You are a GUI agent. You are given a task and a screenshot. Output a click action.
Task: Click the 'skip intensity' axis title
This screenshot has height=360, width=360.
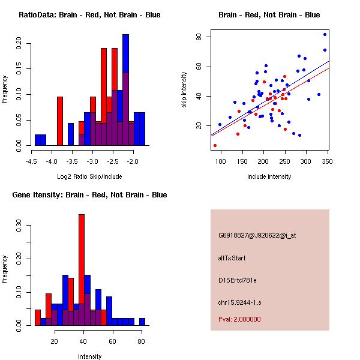coord(185,90)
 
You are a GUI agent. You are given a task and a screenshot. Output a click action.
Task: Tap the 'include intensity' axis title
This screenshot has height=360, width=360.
coord(269,177)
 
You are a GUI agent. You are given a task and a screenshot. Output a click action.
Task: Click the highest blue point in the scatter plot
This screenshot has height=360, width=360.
coord(325,34)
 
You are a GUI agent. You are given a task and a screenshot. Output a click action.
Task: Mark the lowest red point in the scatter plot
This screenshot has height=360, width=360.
coord(215,145)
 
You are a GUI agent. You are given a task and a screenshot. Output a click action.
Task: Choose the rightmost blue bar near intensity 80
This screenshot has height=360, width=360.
coord(142,322)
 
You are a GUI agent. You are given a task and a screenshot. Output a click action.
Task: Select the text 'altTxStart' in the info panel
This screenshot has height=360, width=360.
coord(232,258)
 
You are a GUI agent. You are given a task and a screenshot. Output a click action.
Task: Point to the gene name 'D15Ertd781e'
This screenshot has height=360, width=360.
coord(238,280)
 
